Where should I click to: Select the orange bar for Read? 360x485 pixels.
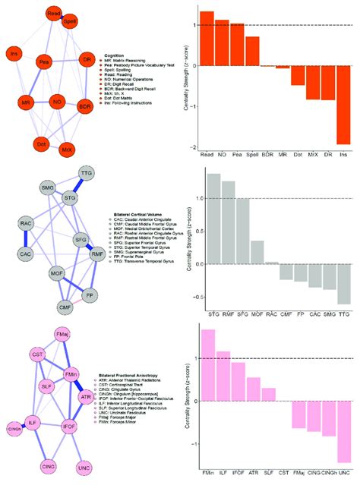click(207, 38)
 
